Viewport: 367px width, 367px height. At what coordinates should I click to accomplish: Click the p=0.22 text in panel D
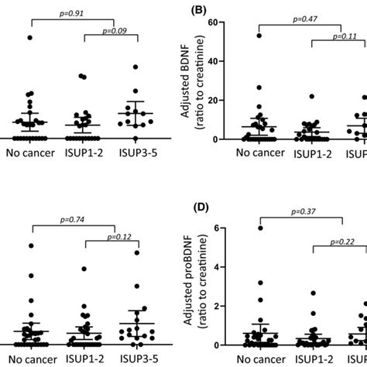343,242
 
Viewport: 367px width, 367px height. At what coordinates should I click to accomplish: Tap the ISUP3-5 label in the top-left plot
137,153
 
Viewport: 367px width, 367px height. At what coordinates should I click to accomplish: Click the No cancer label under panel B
259,153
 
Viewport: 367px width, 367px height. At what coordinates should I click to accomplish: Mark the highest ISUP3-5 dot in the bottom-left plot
137,252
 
